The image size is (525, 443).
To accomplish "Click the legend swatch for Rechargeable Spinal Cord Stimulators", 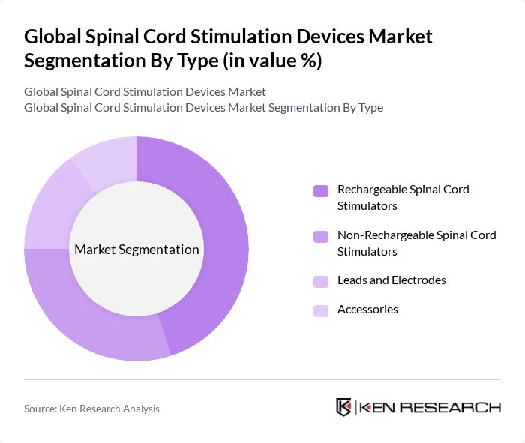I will coord(320,190).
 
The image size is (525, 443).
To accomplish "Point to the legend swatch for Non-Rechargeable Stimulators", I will coord(320,236).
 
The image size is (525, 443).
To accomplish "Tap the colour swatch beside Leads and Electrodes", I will coord(320,281).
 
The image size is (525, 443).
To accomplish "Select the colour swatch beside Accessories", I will coord(320,310).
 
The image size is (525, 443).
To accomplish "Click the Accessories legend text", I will coord(367,310).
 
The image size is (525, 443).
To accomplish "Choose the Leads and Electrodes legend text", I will coord(391,280).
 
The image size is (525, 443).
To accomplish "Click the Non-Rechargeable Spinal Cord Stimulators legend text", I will coord(416,243).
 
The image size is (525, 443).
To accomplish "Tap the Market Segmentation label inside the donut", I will coord(136,250).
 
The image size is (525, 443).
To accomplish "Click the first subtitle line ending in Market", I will coord(145,92).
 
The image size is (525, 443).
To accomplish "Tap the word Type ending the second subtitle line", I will coord(370,108).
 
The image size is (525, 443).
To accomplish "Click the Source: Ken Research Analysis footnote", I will coord(91,409).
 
